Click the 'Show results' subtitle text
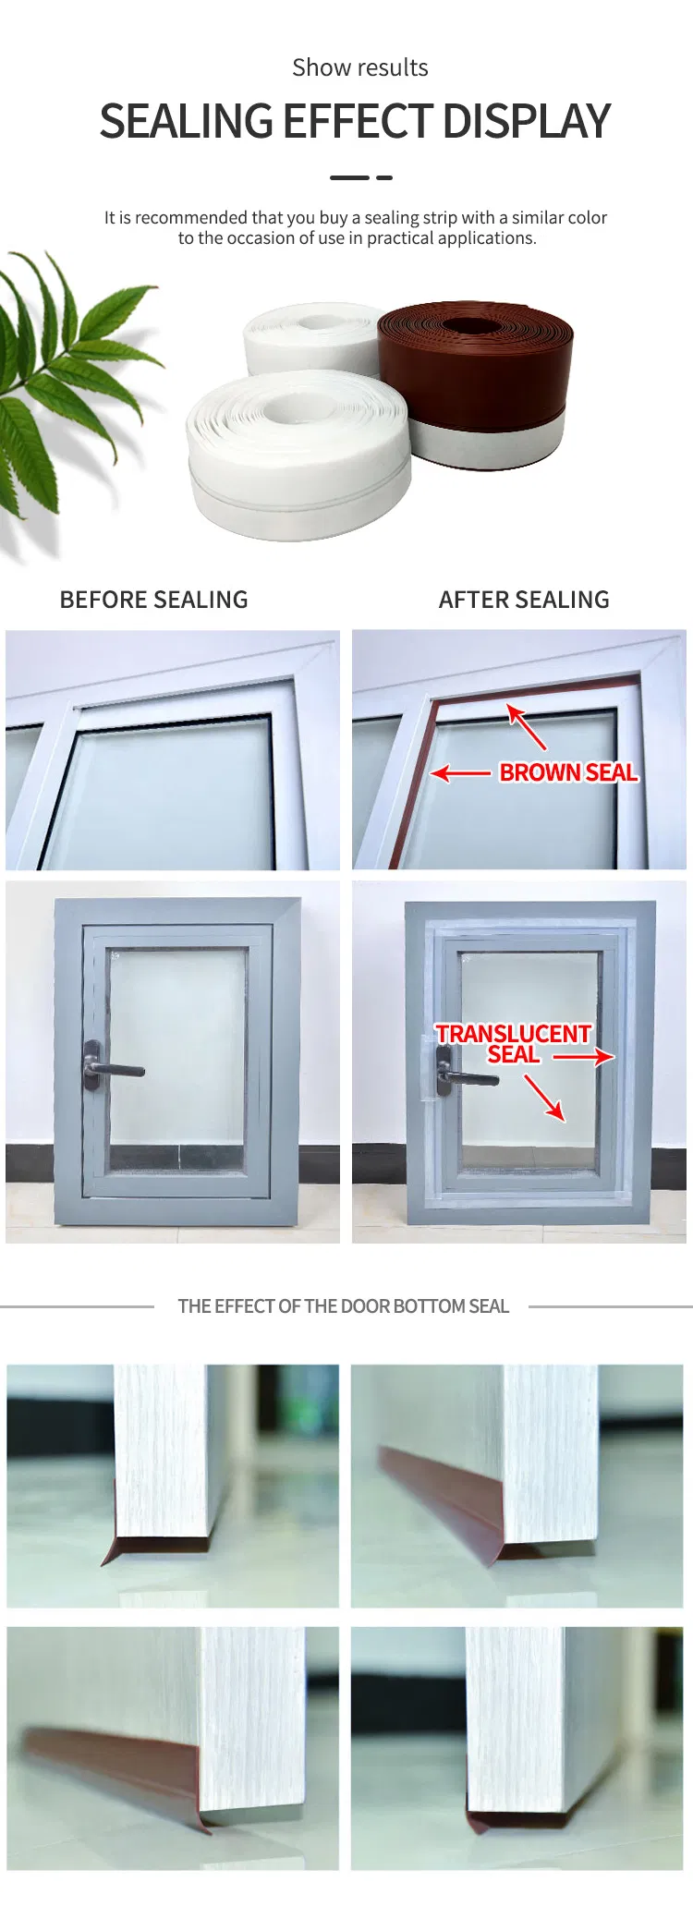click(x=360, y=67)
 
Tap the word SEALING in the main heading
click(x=185, y=121)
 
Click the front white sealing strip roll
click(x=298, y=453)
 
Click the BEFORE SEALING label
click(x=153, y=600)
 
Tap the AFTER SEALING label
click(x=524, y=600)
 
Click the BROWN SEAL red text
click(x=568, y=772)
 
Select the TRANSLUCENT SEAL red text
click(x=513, y=1044)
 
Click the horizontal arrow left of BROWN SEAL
click(x=460, y=772)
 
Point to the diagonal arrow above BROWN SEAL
click(x=526, y=726)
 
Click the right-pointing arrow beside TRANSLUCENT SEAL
click(x=583, y=1056)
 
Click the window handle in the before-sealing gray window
click(x=111, y=1067)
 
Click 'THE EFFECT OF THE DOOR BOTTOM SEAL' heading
click(x=343, y=1306)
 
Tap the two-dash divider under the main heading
click(x=361, y=177)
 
